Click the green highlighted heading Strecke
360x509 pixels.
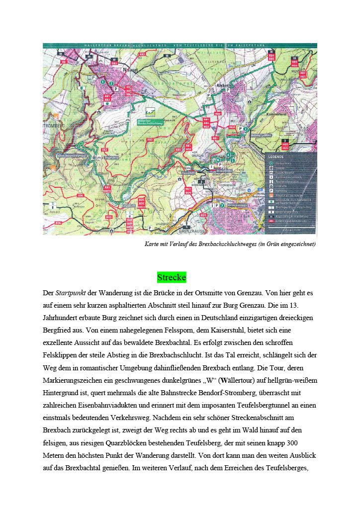pyautogui.click(x=172, y=277)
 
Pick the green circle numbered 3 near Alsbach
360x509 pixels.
pyautogui.click(x=246, y=129)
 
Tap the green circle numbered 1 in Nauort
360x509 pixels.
pyautogui.click(x=102, y=82)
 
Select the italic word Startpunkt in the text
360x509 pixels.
pyautogui.click(x=69, y=293)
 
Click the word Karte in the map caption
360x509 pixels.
pyautogui.click(x=152, y=244)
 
